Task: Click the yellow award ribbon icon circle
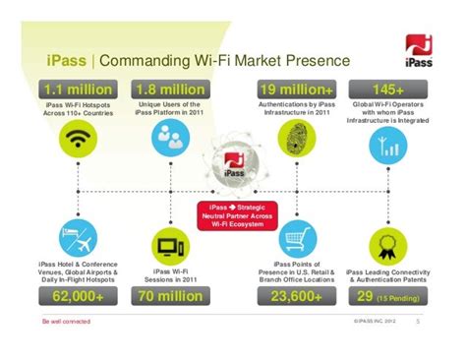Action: [379, 239]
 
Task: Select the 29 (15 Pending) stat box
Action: [386, 294]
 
